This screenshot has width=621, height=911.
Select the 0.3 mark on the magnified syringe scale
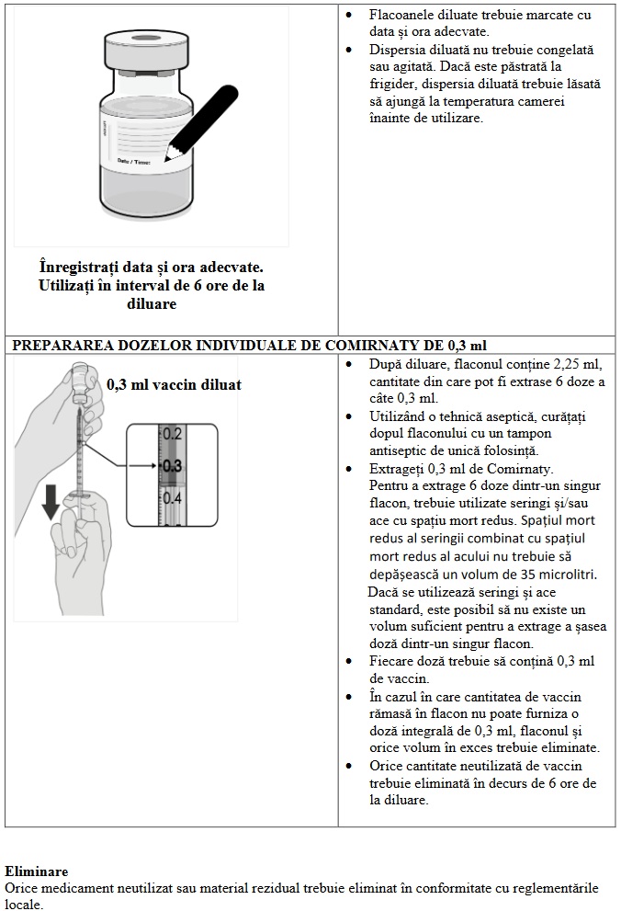172,466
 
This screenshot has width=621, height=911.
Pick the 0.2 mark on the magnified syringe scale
172,433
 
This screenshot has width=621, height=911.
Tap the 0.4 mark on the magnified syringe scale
172,498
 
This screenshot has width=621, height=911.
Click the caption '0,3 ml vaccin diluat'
174,385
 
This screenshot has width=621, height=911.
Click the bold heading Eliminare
36,870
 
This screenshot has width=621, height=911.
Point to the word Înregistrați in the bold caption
79,267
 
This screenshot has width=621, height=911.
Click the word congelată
563,50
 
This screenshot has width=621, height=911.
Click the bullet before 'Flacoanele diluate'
350,16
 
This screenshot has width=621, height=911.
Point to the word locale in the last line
22,905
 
